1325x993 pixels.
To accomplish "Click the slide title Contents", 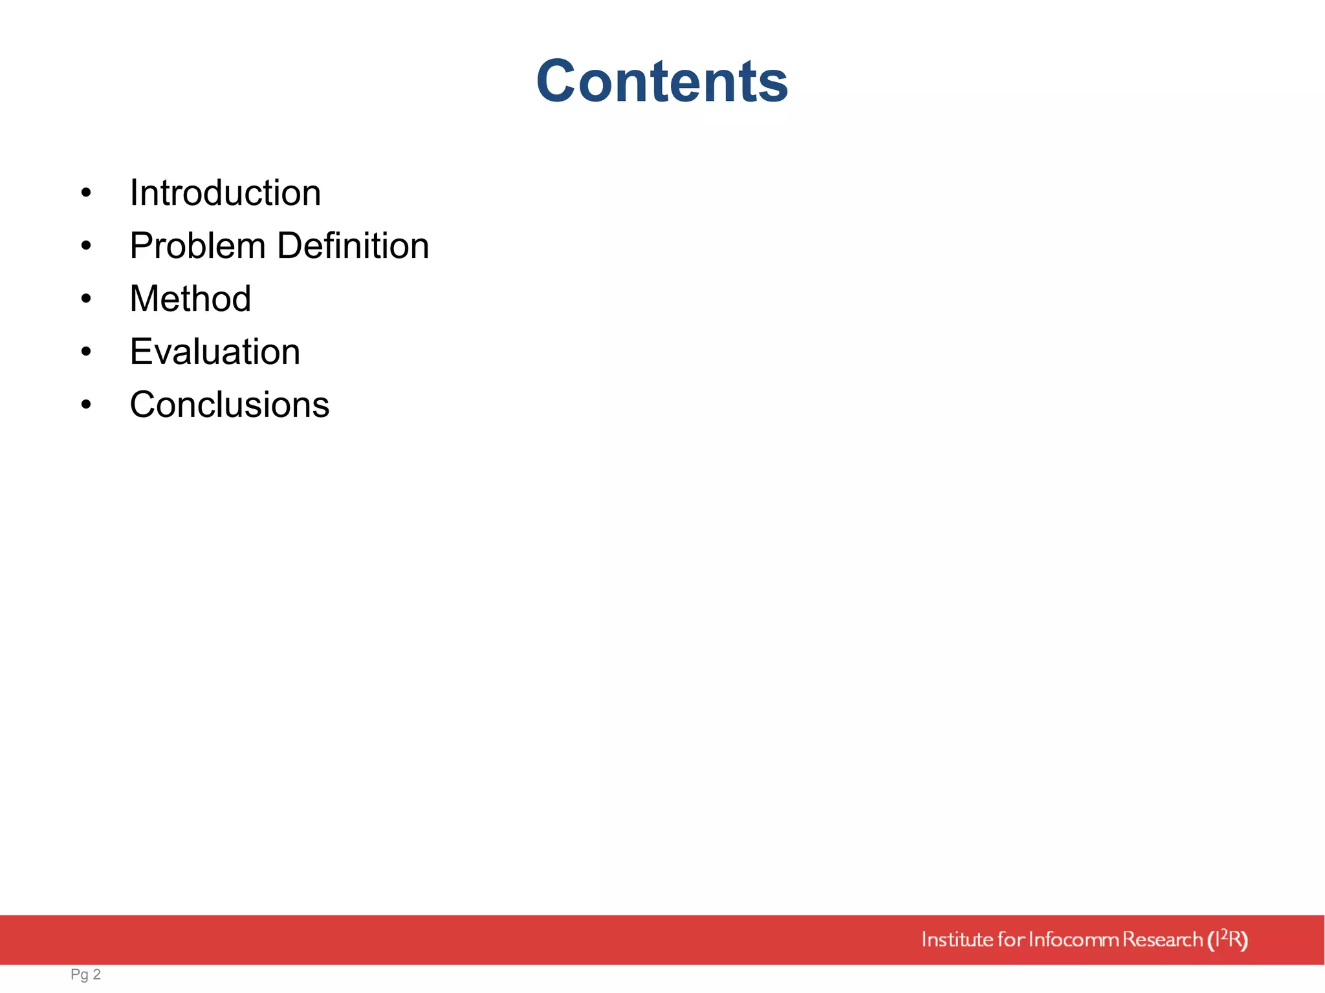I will (662, 81).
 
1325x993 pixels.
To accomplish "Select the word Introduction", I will (225, 193).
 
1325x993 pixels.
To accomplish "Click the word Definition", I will (353, 246).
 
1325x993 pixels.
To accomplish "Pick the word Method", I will (190, 299).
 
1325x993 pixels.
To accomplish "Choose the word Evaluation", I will (215, 352).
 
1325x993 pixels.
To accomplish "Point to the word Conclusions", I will (230, 405).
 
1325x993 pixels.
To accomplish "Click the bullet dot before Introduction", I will (86, 193).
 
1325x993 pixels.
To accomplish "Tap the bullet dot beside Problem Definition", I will (86, 246).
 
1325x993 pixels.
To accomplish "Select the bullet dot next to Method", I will (86, 299).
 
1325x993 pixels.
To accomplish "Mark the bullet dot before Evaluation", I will (86, 352).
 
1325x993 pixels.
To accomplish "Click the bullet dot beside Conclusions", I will (86, 405).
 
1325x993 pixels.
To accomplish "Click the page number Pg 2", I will (85, 974).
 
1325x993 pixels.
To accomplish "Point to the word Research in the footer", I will (1162, 939).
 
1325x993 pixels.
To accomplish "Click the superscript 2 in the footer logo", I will (1223, 933).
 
